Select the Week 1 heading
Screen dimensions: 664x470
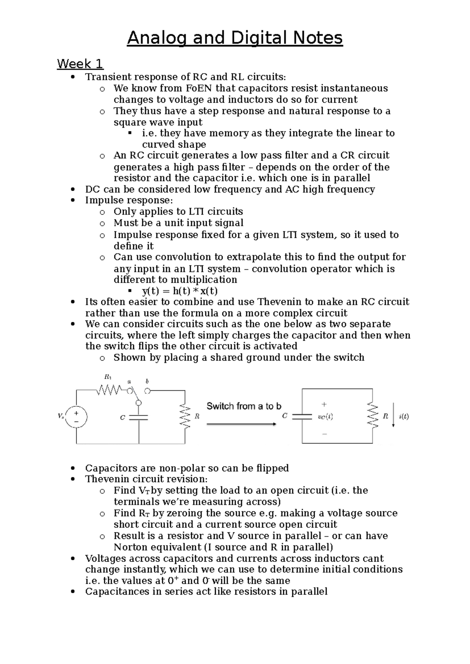coord(80,63)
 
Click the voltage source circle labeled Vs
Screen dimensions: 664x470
coord(76,417)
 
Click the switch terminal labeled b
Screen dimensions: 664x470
coord(147,390)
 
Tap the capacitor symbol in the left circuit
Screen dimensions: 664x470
coord(139,417)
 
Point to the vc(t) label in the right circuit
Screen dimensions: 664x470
coord(325,417)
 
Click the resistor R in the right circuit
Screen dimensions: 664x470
coord(372,416)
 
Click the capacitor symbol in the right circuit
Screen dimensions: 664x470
coord(302,416)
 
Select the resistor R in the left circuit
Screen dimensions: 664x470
coord(185,417)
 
